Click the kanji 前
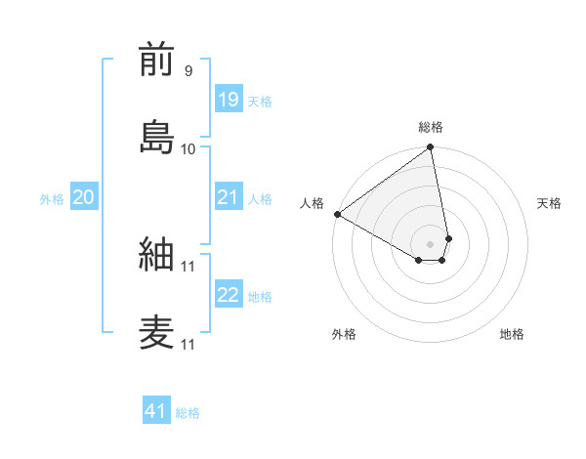click(157, 60)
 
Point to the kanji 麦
click(157, 332)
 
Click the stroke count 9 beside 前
click(188, 71)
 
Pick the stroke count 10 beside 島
click(188, 148)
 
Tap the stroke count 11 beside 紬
click(188, 266)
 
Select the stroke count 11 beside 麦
click(188, 344)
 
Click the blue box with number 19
click(228, 100)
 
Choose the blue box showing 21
click(228, 197)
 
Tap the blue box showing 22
click(228, 295)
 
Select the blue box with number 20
click(83, 197)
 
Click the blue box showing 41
click(156, 411)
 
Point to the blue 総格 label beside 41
click(188, 413)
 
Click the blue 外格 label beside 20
click(52, 199)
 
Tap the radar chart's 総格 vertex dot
click(430, 148)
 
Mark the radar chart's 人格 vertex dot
click(337, 214)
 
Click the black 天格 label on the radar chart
click(549, 203)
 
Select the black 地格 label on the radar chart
click(512, 334)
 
